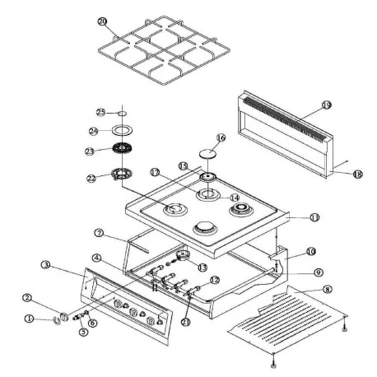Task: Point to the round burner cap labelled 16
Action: [x=207, y=155]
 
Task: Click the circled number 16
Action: [x=220, y=138]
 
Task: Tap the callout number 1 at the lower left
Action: [x=30, y=318]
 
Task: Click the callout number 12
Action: [x=214, y=280]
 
